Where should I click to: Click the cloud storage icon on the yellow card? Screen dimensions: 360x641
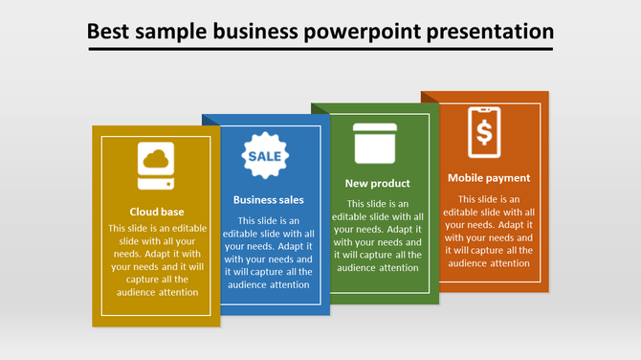click(x=156, y=169)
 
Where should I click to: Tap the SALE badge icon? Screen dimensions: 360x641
click(x=265, y=155)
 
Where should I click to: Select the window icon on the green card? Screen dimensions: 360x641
click(x=375, y=144)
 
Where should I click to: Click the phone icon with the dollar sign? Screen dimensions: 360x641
click(x=484, y=132)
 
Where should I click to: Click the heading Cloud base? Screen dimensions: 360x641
click(x=157, y=212)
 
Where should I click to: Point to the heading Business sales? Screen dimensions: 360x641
click(x=269, y=200)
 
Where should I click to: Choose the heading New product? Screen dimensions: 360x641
click(x=377, y=183)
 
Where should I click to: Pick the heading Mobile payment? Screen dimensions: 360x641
click(x=489, y=177)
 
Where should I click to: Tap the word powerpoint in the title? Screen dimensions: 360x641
click(x=362, y=31)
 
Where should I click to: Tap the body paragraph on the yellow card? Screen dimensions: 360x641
click(x=157, y=260)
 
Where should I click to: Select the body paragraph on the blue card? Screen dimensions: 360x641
click(x=269, y=253)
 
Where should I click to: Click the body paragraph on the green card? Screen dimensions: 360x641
click(x=377, y=236)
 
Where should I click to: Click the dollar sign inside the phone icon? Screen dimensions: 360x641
click(x=484, y=132)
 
